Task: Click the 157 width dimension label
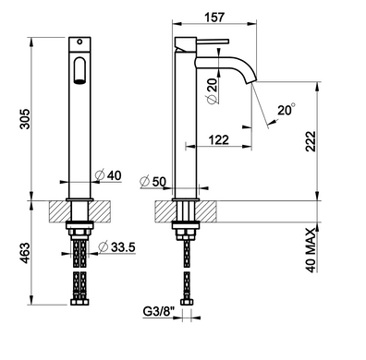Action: tap(214, 17)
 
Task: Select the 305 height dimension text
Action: tap(25, 119)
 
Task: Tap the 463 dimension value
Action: tap(25, 253)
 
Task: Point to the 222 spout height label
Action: tap(311, 141)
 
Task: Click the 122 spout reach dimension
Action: tap(219, 140)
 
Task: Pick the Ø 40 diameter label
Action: tap(108, 175)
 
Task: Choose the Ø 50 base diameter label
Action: tap(152, 182)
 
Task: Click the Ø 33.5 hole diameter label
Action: tap(116, 246)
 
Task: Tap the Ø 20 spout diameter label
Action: tap(212, 91)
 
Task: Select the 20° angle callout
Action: tap(287, 110)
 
